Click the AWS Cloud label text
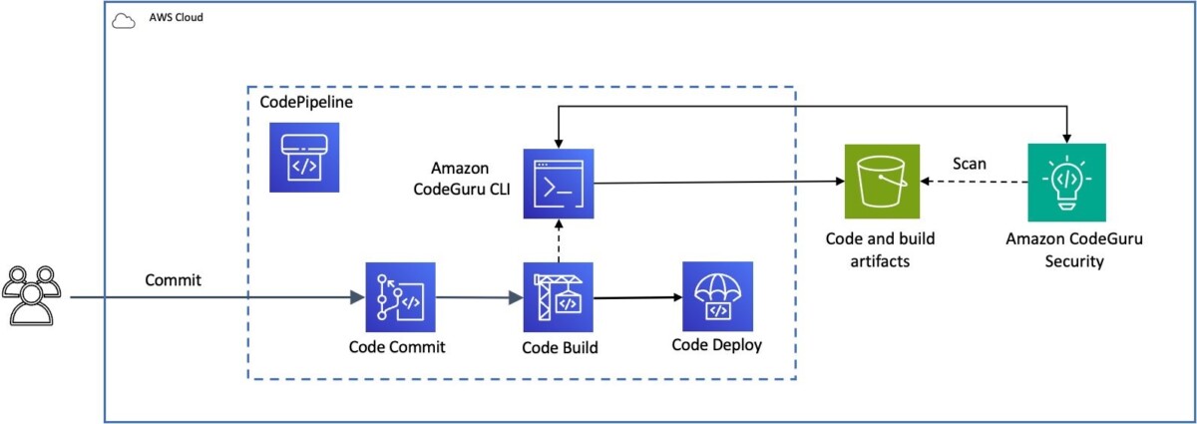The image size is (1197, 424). click(x=176, y=17)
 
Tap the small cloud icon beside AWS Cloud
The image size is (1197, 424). click(x=124, y=21)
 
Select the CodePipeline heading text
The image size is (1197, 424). click(x=306, y=102)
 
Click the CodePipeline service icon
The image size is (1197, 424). click(x=304, y=158)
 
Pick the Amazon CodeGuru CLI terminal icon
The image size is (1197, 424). click(x=559, y=184)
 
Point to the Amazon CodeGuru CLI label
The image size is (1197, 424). click(x=462, y=179)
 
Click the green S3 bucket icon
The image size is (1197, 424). click(x=882, y=182)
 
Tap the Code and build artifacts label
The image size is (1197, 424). click(x=880, y=249)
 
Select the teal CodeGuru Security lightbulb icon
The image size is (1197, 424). click(x=1066, y=183)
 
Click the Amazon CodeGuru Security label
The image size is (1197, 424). click(x=1074, y=249)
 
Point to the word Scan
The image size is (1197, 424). click(x=970, y=163)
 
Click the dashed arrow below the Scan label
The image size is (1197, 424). click(x=974, y=182)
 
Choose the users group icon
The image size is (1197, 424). click(x=32, y=295)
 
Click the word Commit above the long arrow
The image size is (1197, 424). click(x=174, y=279)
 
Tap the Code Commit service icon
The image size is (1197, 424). click(x=400, y=297)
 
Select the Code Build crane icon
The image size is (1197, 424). click(x=559, y=297)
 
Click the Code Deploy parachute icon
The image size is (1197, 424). click(x=717, y=296)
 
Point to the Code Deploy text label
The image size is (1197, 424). click(x=716, y=345)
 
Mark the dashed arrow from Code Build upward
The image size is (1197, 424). click(x=559, y=240)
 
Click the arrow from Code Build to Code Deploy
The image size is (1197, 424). click(x=638, y=298)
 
